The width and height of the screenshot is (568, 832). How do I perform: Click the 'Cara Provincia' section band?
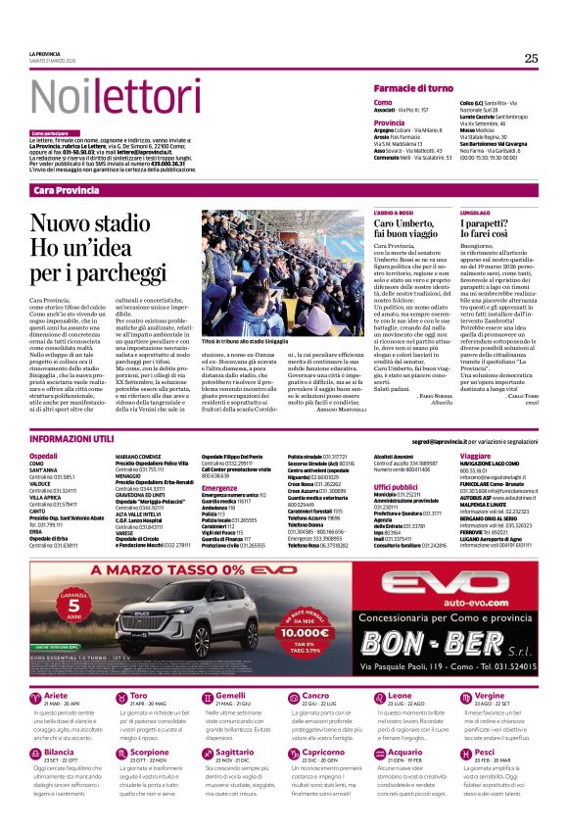point(67,189)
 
